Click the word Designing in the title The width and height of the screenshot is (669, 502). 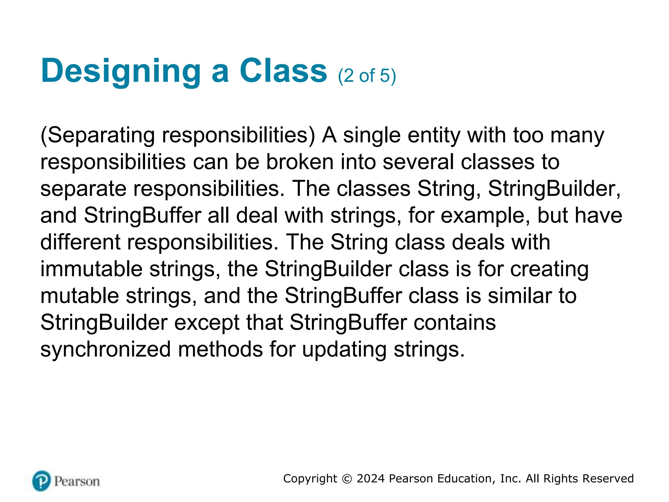[x=121, y=71]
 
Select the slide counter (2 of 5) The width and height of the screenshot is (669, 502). [x=367, y=76]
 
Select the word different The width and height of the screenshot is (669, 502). [x=80, y=242]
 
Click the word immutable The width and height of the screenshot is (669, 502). [x=91, y=269]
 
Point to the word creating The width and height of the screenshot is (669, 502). [x=549, y=270]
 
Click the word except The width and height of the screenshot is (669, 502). [x=207, y=323]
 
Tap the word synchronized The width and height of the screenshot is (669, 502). [x=106, y=349]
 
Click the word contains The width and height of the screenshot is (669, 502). [x=455, y=323]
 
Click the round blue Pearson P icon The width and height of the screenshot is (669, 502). [x=41, y=481]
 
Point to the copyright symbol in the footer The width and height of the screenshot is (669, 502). [x=347, y=479]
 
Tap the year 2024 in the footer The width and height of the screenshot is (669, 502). [x=370, y=478]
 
